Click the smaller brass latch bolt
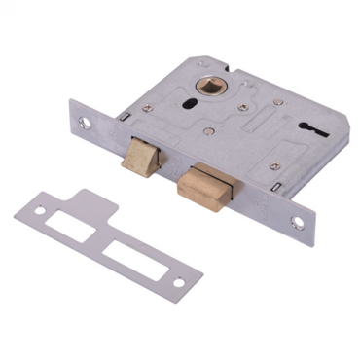(x=138, y=157)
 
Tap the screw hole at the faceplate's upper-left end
(x=86, y=124)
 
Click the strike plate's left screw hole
(x=40, y=209)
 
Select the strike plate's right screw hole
(x=178, y=282)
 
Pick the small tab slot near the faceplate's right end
(x=281, y=188)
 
